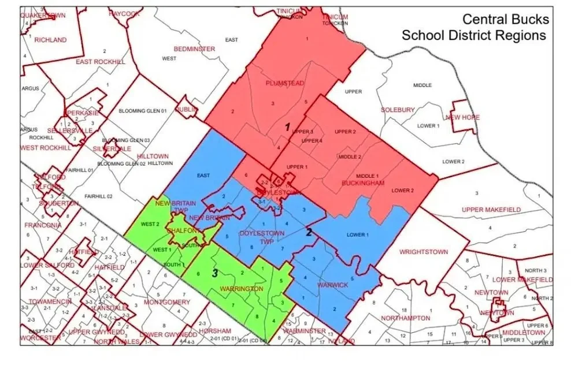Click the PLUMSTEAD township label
284,83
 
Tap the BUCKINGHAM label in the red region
362,183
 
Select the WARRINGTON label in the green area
241,288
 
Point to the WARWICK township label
332,285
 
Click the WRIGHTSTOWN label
424,252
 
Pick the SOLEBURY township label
398,110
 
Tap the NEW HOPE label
463,117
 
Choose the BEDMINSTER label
194,49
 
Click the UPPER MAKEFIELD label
491,209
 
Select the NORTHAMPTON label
406,318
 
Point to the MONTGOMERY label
166,302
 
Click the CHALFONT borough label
183,230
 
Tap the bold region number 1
287,126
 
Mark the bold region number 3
214,273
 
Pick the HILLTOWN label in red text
153,157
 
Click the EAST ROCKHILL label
101,62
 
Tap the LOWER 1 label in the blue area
357,234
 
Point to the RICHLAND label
50,40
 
